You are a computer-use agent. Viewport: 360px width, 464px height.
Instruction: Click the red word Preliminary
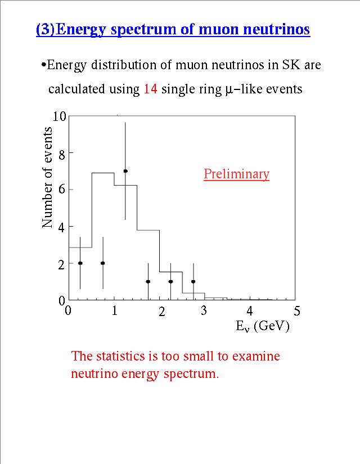[x=236, y=174]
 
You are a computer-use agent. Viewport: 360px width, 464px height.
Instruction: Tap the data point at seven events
[x=125, y=171]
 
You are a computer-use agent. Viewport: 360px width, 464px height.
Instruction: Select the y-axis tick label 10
[x=59, y=116]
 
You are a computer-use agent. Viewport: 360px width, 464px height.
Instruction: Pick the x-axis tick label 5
[x=297, y=311]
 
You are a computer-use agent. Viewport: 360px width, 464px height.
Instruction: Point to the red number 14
[x=150, y=89]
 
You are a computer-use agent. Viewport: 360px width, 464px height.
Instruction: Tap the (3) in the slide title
[x=45, y=29]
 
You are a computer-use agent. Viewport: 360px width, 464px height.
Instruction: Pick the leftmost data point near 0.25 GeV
[x=80, y=263]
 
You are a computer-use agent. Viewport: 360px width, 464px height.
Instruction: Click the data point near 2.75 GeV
[x=193, y=281]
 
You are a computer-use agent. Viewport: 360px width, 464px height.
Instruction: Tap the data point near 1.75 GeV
[x=148, y=281]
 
